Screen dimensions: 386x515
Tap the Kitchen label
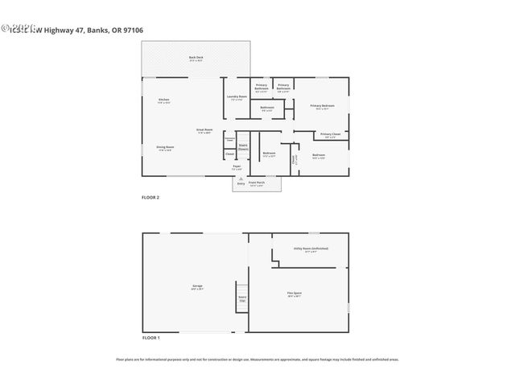pyautogui.click(x=164, y=101)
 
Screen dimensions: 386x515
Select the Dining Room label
pyautogui.click(x=166, y=148)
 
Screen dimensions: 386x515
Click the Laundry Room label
pyautogui.click(x=237, y=98)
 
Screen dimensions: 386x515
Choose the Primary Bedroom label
pyautogui.click(x=322, y=106)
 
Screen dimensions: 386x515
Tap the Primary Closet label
pyautogui.click(x=330, y=135)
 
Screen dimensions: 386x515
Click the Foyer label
pyautogui.click(x=237, y=168)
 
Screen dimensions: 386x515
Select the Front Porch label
pyautogui.click(x=257, y=184)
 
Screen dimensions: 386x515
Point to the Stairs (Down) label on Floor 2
pyautogui.click(x=243, y=147)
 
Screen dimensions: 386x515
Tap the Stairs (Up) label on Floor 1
pyautogui.click(x=242, y=298)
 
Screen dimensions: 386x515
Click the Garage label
pyautogui.click(x=196, y=287)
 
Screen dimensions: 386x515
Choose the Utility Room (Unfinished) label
pyautogui.click(x=311, y=250)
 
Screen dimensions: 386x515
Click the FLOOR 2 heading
pyautogui.click(x=150, y=197)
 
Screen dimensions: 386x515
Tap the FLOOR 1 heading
pyautogui.click(x=150, y=338)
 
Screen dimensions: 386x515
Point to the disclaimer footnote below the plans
pyautogui.click(x=257, y=360)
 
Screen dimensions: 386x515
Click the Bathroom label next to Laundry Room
pyautogui.click(x=268, y=108)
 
